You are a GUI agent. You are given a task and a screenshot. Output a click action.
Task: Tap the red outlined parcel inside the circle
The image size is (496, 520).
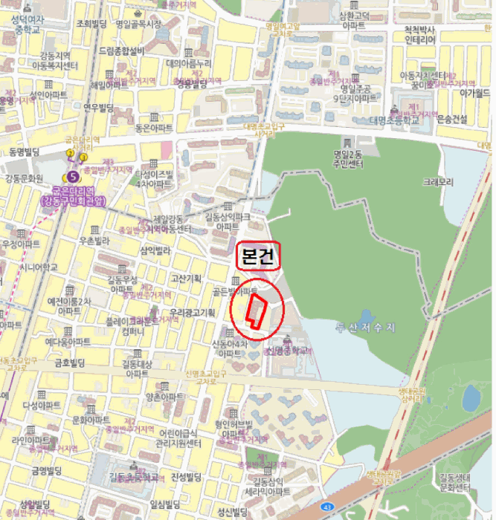pos(257,311)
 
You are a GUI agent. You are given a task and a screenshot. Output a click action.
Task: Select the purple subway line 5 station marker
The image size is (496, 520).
pos(73,177)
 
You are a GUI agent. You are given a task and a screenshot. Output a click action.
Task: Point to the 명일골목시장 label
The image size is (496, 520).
pos(138,24)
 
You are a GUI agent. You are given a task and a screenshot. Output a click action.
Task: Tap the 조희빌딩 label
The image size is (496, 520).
pos(93,24)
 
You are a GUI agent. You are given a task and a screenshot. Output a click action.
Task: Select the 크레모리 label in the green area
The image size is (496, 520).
pos(438,182)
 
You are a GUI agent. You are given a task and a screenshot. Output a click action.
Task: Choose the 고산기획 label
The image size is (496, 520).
pos(186,279)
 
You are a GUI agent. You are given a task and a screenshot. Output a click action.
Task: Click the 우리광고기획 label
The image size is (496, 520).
pos(192,312)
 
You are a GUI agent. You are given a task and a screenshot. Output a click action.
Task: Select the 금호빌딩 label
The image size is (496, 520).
pos(71,363)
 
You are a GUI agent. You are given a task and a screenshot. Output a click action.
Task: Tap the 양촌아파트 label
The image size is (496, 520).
pos(164,397)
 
